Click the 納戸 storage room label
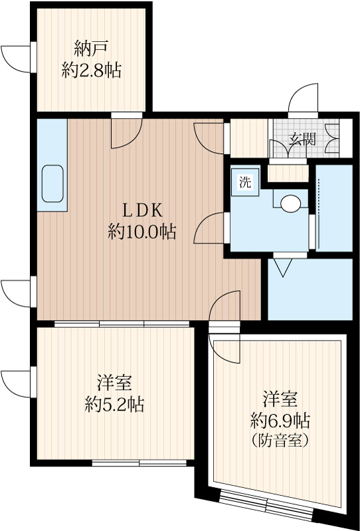(x=92, y=48)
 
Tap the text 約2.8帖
(x=92, y=71)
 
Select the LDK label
(x=141, y=209)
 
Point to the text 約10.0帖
(x=141, y=232)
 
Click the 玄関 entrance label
(x=302, y=139)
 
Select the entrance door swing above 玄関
(x=303, y=100)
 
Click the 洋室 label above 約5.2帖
(x=115, y=383)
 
